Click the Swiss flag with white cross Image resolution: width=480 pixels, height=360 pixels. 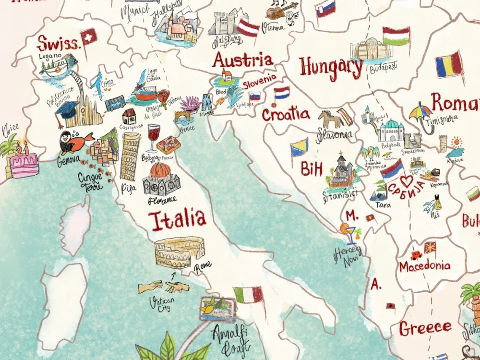(89, 36)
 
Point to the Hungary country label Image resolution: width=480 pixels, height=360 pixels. (331, 67)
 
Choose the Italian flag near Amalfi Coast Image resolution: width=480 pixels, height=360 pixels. (249, 295)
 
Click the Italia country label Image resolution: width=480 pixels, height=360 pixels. (177, 220)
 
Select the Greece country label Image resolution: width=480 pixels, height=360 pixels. (425, 328)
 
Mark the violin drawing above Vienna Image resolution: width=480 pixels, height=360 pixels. (280, 10)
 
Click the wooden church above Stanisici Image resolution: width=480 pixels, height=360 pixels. (341, 170)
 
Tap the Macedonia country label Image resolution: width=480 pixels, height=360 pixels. (425, 266)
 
